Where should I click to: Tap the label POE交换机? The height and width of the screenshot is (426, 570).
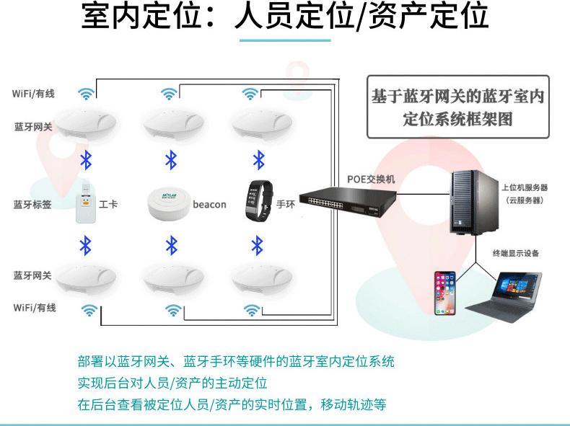point(366,179)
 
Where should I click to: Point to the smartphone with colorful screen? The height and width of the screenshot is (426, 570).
point(445,292)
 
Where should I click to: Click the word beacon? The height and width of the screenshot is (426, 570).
point(209,205)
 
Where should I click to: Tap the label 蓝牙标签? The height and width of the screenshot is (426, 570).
point(32,204)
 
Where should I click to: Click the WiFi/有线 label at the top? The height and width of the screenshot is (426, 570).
point(33,94)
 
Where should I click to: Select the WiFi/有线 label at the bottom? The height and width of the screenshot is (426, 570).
point(34,308)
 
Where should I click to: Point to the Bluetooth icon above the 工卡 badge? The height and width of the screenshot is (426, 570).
point(85,159)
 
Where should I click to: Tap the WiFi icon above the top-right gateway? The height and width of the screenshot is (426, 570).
point(250,94)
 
